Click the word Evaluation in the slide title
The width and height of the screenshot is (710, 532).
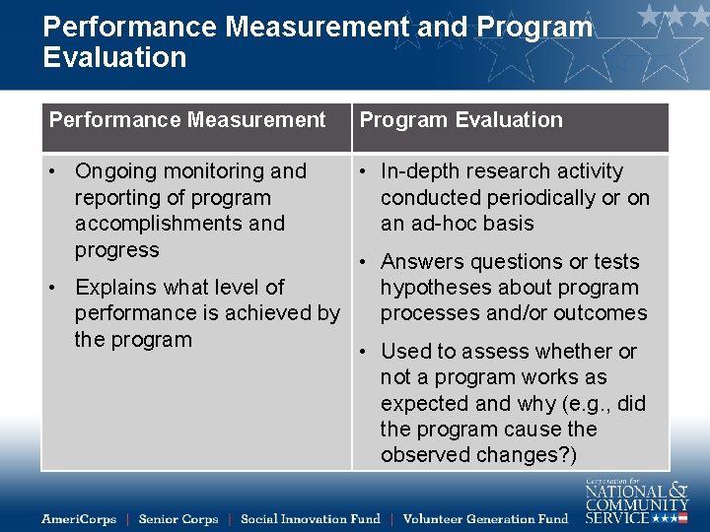(x=114, y=57)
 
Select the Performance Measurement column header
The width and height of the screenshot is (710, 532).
(x=187, y=120)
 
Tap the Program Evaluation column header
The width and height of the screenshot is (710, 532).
(x=461, y=120)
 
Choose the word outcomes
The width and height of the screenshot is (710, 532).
(x=601, y=313)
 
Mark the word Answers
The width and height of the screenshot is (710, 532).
(x=418, y=262)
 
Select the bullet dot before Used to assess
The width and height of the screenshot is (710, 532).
(x=364, y=352)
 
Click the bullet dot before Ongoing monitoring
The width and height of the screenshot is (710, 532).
(x=53, y=171)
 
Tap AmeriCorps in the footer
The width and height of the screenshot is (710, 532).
(x=79, y=518)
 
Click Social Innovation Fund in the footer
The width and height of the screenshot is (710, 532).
(x=310, y=518)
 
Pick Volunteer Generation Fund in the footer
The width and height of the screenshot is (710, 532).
(x=485, y=518)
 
